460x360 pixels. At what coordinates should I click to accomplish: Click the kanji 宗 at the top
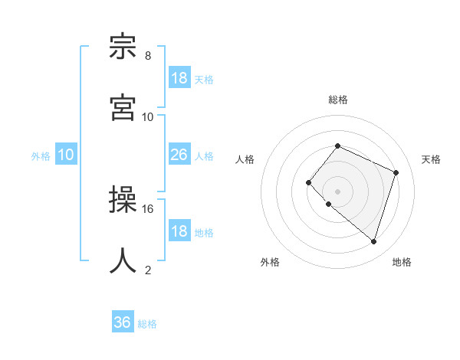coord(123,47)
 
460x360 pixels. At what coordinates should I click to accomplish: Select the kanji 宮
coord(123,108)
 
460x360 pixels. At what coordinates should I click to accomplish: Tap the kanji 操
coord(123,200)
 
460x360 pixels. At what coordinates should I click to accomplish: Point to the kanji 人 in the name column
coord(123,261)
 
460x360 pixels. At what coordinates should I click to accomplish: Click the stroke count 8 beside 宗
coord(148,56)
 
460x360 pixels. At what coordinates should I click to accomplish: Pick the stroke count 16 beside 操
coord(148,208)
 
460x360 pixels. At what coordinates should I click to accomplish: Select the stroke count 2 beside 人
coord(148,270)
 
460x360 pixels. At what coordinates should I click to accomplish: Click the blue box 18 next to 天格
coord(179,78)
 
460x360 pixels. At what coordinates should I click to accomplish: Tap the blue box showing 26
coord(179,155)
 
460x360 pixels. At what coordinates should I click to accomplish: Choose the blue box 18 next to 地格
coord(179,231)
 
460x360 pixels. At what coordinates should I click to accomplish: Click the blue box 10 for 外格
coord(66,155)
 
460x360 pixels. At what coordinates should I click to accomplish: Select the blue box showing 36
coord(123,322)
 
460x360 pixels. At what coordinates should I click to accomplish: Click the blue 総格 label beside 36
coord(148,324)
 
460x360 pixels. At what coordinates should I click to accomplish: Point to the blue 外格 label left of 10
coord(41,156)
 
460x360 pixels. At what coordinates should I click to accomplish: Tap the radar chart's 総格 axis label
coord(338,100)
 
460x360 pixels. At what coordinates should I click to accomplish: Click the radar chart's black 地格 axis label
coord(402,262)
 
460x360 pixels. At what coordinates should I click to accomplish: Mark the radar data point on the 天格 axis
coord(396,172)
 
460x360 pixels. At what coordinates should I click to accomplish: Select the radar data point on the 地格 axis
coord(373,241)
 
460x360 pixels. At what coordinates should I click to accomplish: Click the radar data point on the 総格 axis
coord(337,146)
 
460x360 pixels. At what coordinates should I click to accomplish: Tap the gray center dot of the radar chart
coord(337,191)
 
